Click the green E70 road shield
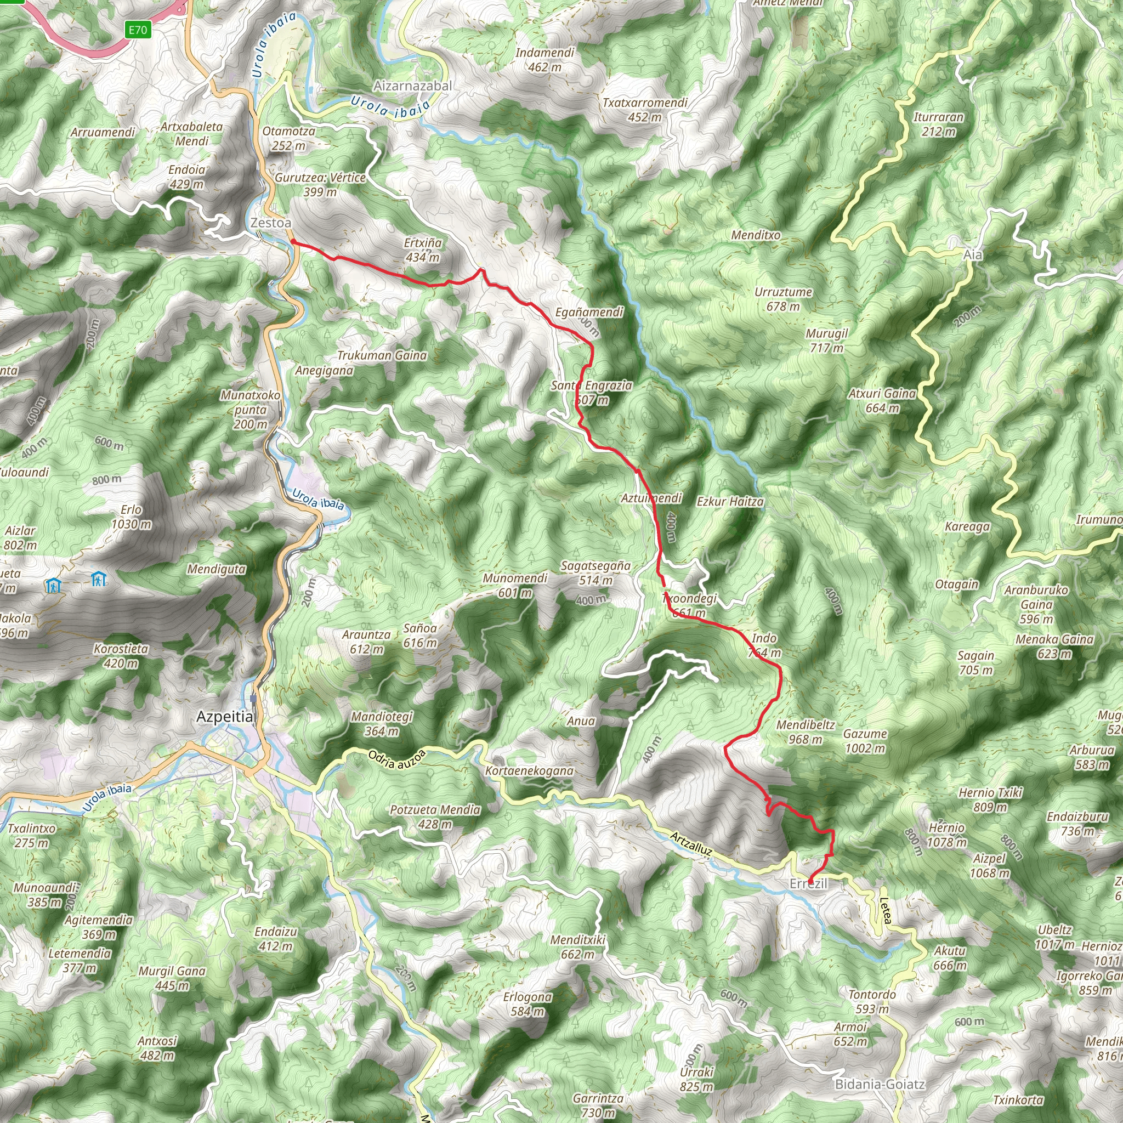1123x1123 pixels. (138, 29)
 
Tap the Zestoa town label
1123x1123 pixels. (270, 223)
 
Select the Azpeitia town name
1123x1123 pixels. (225, 717)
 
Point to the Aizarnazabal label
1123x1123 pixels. (413, 86)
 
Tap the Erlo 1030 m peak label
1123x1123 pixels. (132, 517)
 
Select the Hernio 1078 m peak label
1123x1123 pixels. (947, 835)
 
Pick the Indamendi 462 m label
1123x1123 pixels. (545, 60)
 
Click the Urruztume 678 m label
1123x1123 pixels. (783, 299)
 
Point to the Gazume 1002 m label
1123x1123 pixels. (865, 741)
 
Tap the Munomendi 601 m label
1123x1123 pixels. (515, 585)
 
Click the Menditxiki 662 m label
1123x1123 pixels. (578, 947)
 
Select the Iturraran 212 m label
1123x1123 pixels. (938, 124)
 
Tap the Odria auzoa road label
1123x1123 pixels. (397, 759)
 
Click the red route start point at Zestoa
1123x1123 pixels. (293, 241)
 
